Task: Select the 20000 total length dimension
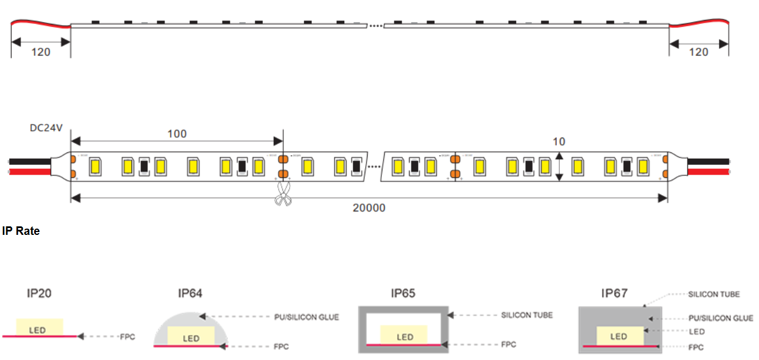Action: pos(369,208)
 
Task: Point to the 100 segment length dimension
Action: pos(176,134)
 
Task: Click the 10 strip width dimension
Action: pos(559,142)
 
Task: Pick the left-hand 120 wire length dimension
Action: pos(40,52)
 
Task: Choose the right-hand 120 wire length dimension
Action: pos(698,52)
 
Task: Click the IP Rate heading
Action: pos(21,231)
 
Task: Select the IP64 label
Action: pos(190,294)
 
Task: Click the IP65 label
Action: pos(403,294)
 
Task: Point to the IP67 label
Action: pos(614,294)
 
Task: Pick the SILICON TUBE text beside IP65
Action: pos(526,315)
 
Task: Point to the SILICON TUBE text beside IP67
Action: pos(713,294)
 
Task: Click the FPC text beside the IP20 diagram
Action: pos(127,337)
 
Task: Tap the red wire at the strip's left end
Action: pos(28,171)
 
